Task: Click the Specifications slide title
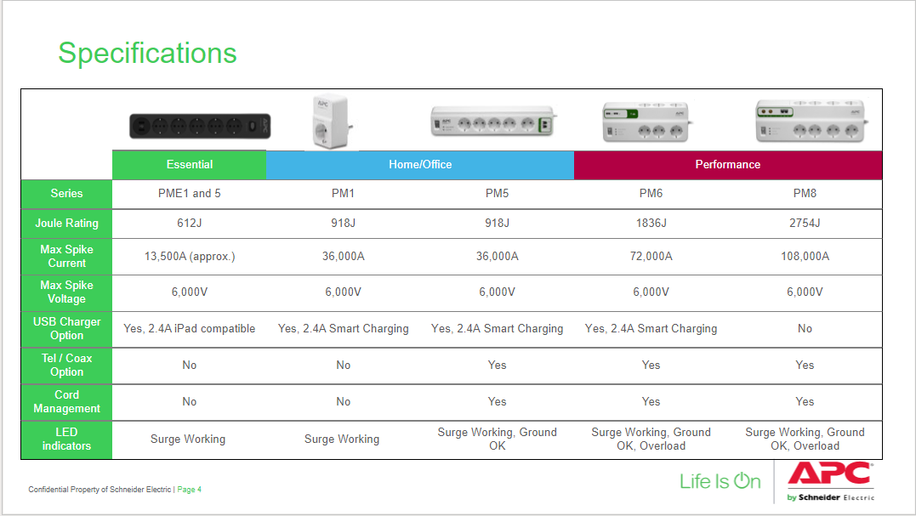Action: click(147, 53)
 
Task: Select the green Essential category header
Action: click(190, 165)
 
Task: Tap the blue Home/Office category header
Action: click(420, 165)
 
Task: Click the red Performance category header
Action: click(728, 165)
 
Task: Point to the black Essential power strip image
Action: click(200, 126)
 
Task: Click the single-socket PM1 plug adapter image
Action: click(331, 121)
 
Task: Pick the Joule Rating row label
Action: click(66, 223)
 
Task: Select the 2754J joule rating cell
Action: click(805, 223)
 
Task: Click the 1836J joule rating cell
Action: click(651, 223)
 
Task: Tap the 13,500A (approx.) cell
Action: click(190, 256)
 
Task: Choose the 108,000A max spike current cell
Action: click(805, 256)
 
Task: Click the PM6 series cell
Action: click(651, 193)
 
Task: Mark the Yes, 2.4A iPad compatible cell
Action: click(190, 329)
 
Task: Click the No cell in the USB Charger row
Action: click(805, 329)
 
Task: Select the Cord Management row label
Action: click(66, 401)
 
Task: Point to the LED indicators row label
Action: click(66, 439)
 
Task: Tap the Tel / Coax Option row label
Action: click(66, 365)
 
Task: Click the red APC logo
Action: click(831, 473)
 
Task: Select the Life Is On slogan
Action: click(720, 481)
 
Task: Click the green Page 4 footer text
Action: click(190, 490)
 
